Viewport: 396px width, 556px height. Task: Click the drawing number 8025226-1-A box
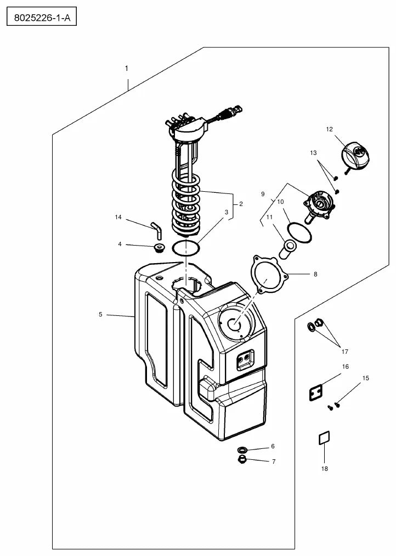pos(42,16)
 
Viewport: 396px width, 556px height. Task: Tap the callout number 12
pos(330,130)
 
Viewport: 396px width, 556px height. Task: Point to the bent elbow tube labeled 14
pos(157,231)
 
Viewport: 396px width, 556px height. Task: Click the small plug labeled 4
pos(160,248)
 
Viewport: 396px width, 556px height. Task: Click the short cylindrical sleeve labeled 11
pos(287,249)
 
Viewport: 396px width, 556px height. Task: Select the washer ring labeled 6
pos(242,450)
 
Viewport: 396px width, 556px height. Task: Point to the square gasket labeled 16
pos(316,393)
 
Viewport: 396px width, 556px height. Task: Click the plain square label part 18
pos(324,437)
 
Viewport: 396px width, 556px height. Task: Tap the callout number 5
pos(100,314)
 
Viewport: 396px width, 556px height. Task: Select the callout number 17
pos(344,352)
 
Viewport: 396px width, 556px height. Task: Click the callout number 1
pos(127,69)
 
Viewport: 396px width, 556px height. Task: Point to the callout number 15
pos(366,378)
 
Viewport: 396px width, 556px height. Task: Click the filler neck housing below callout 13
pos(319,205)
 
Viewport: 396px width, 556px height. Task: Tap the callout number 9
pos(263,194)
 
